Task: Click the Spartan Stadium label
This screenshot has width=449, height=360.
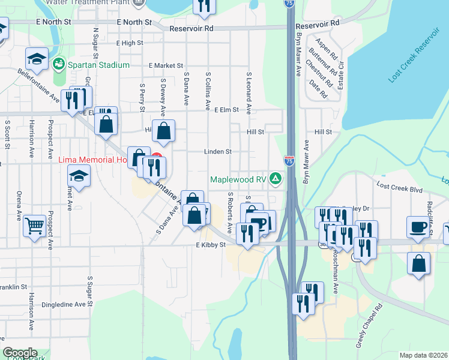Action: point(100,64)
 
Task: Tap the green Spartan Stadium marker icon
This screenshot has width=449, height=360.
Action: point(59,63)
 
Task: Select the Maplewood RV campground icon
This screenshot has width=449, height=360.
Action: point(276,178)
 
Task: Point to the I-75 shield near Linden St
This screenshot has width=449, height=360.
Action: point(289,160)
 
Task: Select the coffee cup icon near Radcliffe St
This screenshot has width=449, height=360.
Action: point(418,226)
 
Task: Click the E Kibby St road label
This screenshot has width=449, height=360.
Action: point(210,245)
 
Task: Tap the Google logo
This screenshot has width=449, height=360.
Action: point(20,353)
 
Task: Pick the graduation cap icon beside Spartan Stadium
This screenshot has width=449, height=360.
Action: point(37,59)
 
